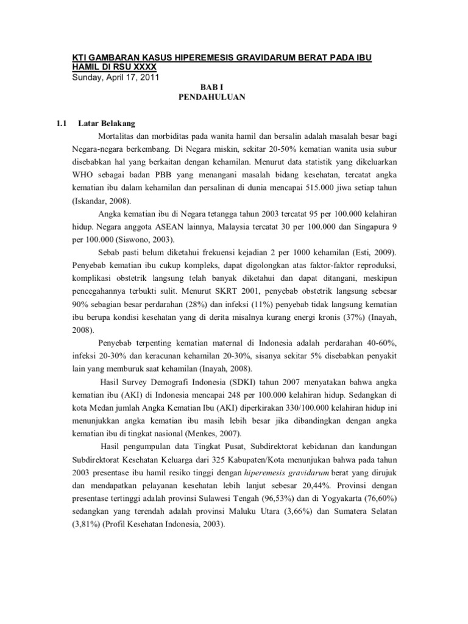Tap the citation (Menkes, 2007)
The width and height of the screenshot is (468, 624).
pyautogui.click(x=205, y=433)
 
